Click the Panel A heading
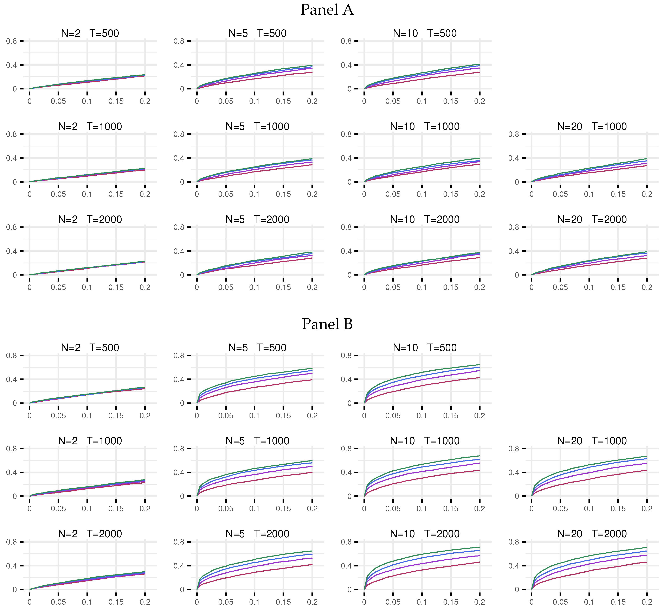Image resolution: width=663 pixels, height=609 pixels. [x=327, y=10]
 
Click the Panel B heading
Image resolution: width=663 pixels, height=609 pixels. [x=327, y=324]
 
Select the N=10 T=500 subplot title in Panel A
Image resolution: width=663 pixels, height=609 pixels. [x=425, y=33]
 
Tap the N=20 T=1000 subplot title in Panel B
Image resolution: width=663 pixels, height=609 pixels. [x=592, y=441]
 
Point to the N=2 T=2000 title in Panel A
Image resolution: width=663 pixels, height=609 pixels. [x=90, y=219]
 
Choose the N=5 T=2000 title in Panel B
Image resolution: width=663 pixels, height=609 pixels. [x=257, y=534]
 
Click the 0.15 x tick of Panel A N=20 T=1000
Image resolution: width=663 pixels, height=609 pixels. [x=618, y=194]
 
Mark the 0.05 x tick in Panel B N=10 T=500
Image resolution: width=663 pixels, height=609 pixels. [x=393, y=416]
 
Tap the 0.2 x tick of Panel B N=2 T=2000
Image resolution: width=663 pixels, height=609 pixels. [x=145, y=602]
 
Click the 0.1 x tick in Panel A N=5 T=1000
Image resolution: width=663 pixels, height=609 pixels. [x=254, y=194]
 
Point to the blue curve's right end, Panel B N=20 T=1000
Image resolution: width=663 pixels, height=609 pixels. [x=646, y=459]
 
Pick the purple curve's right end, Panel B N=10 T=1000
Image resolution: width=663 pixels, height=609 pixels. [x=479, y=463]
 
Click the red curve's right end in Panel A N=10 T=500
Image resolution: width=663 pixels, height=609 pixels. [x=479, y=72]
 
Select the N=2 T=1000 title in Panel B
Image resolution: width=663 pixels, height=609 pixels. [x=90, y=441]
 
